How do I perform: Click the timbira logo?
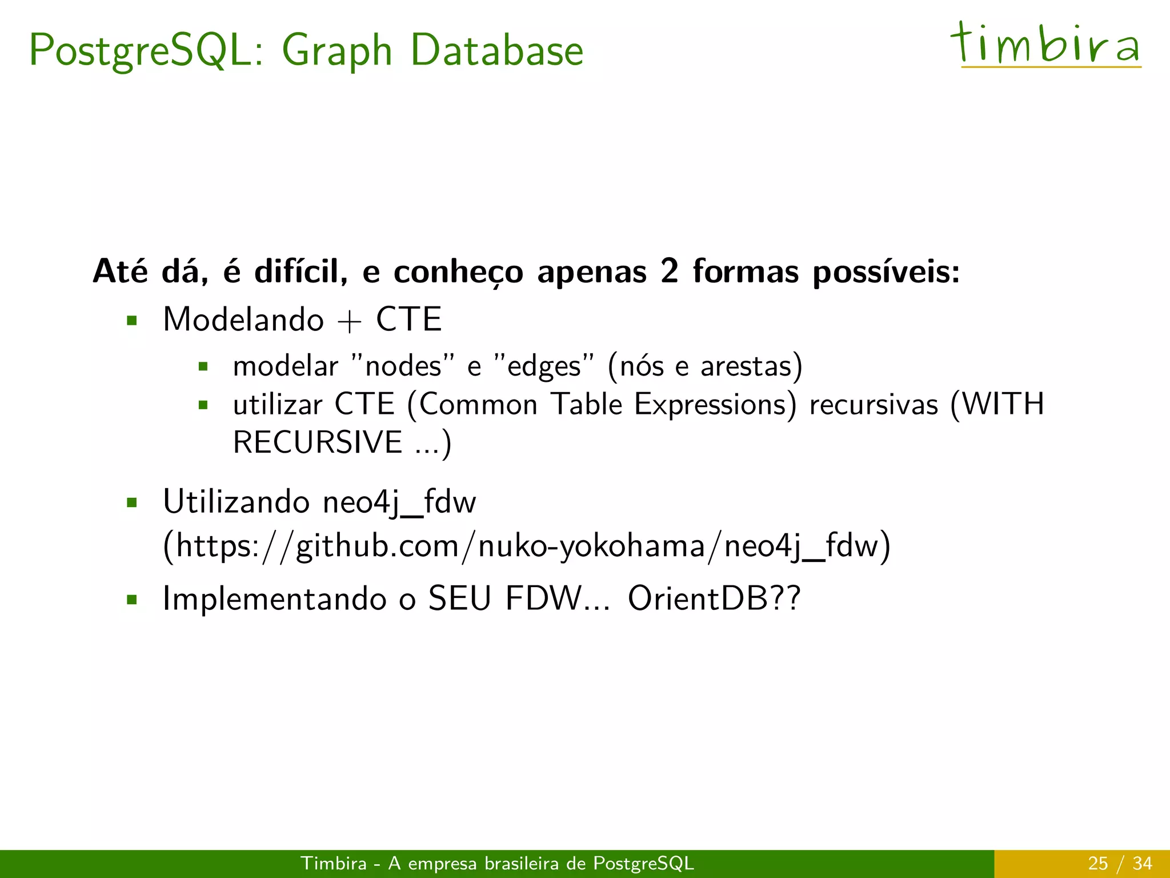click(1045, 45)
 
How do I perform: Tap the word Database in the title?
click(497, 50)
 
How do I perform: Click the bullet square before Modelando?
click(133, 320)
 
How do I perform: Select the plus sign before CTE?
click(350, 321)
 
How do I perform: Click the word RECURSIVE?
click(318, 442)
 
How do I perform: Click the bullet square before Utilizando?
click(133, 503)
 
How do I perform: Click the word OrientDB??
click(714, 598)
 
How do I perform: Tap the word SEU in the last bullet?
click(460, 598)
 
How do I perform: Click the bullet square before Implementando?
click(133, 600)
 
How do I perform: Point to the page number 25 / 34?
click(1120, 863)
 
